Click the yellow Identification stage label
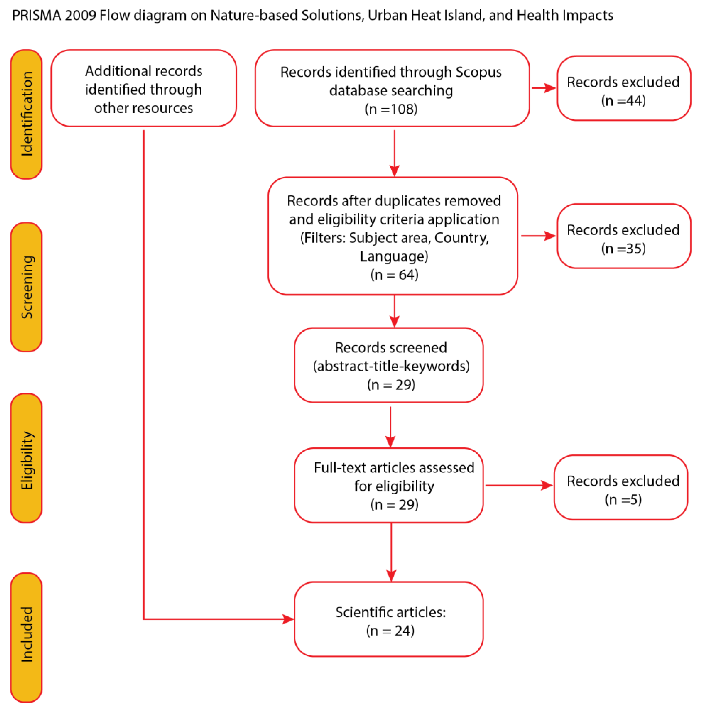26,114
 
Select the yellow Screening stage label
26,287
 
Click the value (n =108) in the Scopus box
391,109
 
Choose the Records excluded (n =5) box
620,487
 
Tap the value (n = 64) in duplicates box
394,275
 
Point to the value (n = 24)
390,631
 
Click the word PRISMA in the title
36,15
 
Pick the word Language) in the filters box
394,256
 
